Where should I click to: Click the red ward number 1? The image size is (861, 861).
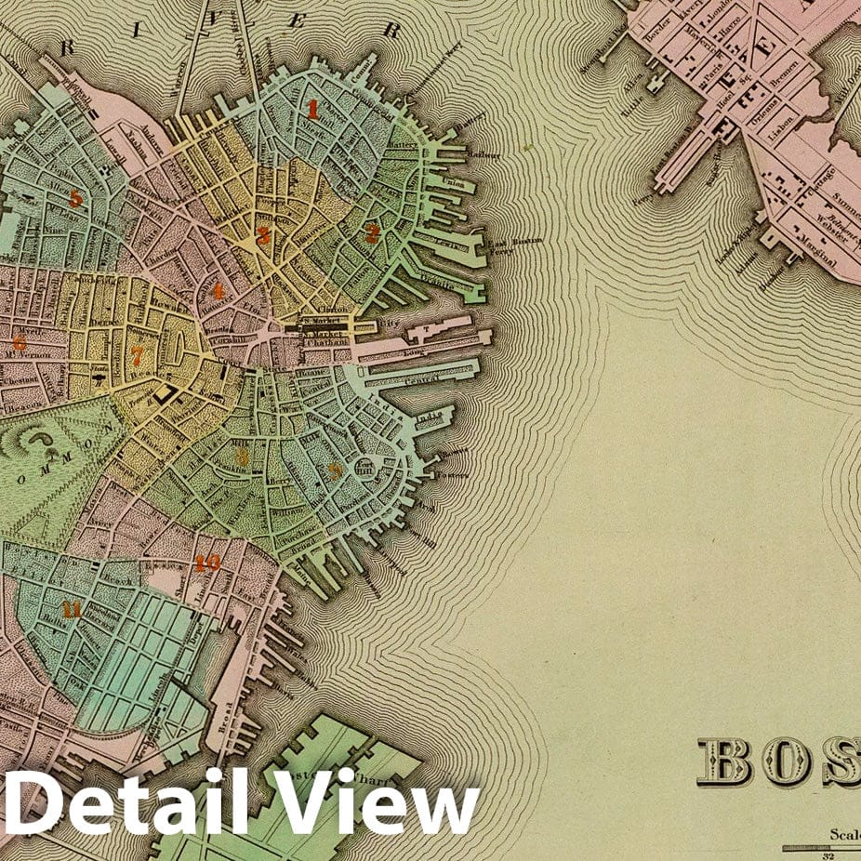[313, 111]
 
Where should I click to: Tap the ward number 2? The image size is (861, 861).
[372, 233]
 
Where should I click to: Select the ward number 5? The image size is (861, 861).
[76, 198]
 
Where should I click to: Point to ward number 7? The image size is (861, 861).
[137, 355]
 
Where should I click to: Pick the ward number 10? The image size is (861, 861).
[207, 563]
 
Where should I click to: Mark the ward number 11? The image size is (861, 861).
[71, 610]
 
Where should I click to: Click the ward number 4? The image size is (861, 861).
[219, 291]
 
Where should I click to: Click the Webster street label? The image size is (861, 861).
[806, 229]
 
